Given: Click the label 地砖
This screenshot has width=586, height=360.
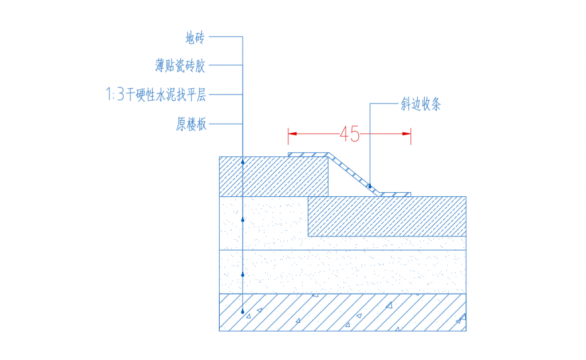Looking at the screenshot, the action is click(195, 38).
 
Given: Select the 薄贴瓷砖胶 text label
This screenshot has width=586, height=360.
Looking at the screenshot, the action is click(180, 65).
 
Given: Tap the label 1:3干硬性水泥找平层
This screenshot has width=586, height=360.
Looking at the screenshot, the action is click(156, 94).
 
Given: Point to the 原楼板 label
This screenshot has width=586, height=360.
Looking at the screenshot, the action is click(191, 124).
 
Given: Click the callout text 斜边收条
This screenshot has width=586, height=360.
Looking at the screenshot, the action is click(421, 104).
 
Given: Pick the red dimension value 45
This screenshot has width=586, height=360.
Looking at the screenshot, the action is click(350, 134).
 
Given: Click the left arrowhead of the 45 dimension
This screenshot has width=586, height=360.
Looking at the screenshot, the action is click(292, 133).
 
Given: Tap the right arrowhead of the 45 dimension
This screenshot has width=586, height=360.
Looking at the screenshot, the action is click(407, 133).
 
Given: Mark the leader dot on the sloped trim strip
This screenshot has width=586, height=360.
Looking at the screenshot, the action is click(370, 186).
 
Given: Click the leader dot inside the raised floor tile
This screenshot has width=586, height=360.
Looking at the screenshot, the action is click(243, 162).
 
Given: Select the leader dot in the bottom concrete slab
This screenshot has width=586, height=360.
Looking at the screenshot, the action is click(243, 311).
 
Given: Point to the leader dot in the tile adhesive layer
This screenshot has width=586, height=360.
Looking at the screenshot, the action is click(243, 220).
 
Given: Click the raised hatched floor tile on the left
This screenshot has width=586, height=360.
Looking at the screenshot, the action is click(274, 176).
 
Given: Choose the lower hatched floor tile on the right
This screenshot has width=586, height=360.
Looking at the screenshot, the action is click(387, 216).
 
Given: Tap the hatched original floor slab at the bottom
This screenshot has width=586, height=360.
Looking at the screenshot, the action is click(343, 312).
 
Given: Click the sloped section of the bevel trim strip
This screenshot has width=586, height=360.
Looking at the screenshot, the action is click(354, 174).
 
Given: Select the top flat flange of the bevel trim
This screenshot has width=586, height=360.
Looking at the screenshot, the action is click(308, 155).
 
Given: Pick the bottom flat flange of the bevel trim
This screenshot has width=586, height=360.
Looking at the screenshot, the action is click(394, 195).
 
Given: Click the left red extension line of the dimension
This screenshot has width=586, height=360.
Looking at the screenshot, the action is click(288, 136).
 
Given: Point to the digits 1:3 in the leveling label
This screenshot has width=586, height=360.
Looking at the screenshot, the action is click(114, 94).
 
